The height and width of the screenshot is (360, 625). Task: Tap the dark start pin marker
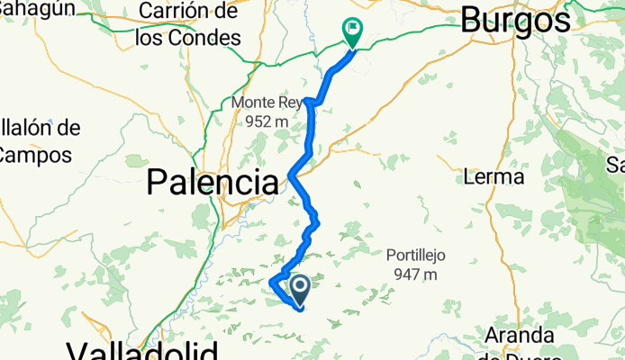(299, 289)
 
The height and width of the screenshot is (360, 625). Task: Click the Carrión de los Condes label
(188, 25)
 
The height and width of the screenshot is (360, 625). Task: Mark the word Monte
(251, 103)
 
